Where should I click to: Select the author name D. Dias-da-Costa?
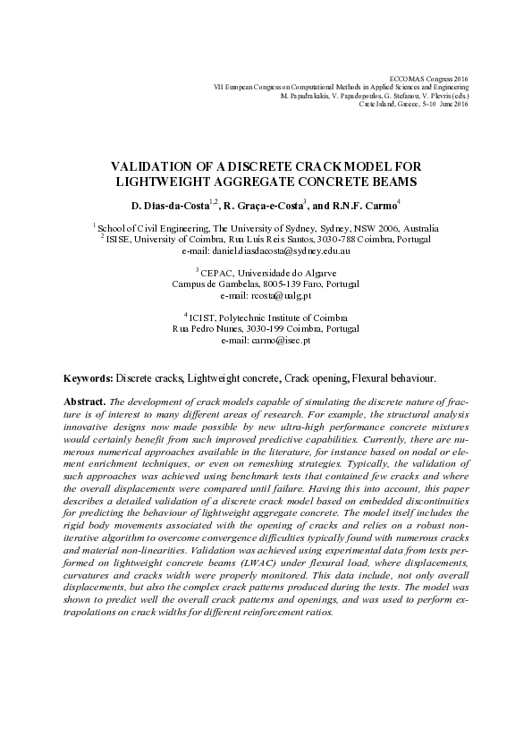[x=165, y=206]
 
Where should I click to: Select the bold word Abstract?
[x=87, y=402]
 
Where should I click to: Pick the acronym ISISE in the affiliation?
[x=120, y=240]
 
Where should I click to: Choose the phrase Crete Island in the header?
[x=379, y=104]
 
